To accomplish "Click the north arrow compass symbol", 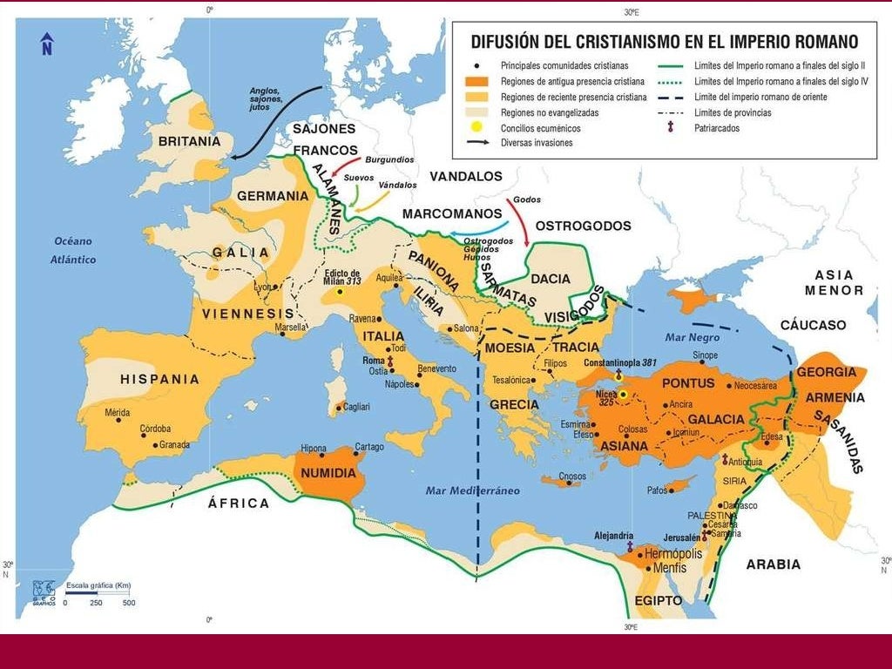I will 47,44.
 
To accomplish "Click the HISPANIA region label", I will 160,379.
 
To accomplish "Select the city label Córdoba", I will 156,429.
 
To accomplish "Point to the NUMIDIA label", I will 328,473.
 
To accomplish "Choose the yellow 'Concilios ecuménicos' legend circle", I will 477,127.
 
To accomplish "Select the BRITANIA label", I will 189,140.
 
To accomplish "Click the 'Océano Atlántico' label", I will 73,250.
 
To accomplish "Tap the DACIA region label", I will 551,279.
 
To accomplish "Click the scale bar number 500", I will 129,603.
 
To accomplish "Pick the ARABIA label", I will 773,564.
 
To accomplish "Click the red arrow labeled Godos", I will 523,222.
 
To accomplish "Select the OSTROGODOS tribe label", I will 583,226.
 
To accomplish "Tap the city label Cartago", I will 369,447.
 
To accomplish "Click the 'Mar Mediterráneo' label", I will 472,490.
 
